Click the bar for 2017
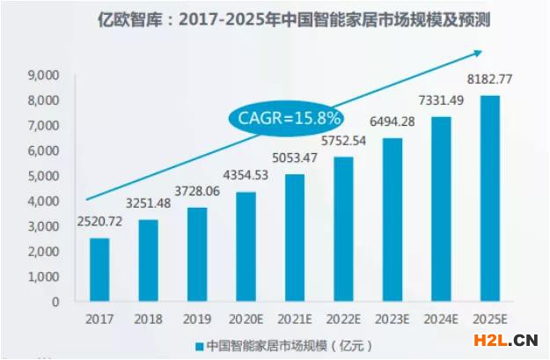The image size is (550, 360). tap(99, 269)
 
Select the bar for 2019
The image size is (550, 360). tap(197, 254)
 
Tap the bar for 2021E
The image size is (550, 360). tap(295, 238)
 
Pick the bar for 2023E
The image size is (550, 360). tap(392, 219)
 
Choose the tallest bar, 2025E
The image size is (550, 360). tap(490, 198)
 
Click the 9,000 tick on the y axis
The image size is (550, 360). tap(44, 77)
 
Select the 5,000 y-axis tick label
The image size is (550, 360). tap(44, 176)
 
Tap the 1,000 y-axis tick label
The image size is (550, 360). tap(44, 276)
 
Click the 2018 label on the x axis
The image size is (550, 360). tap(149, 319)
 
